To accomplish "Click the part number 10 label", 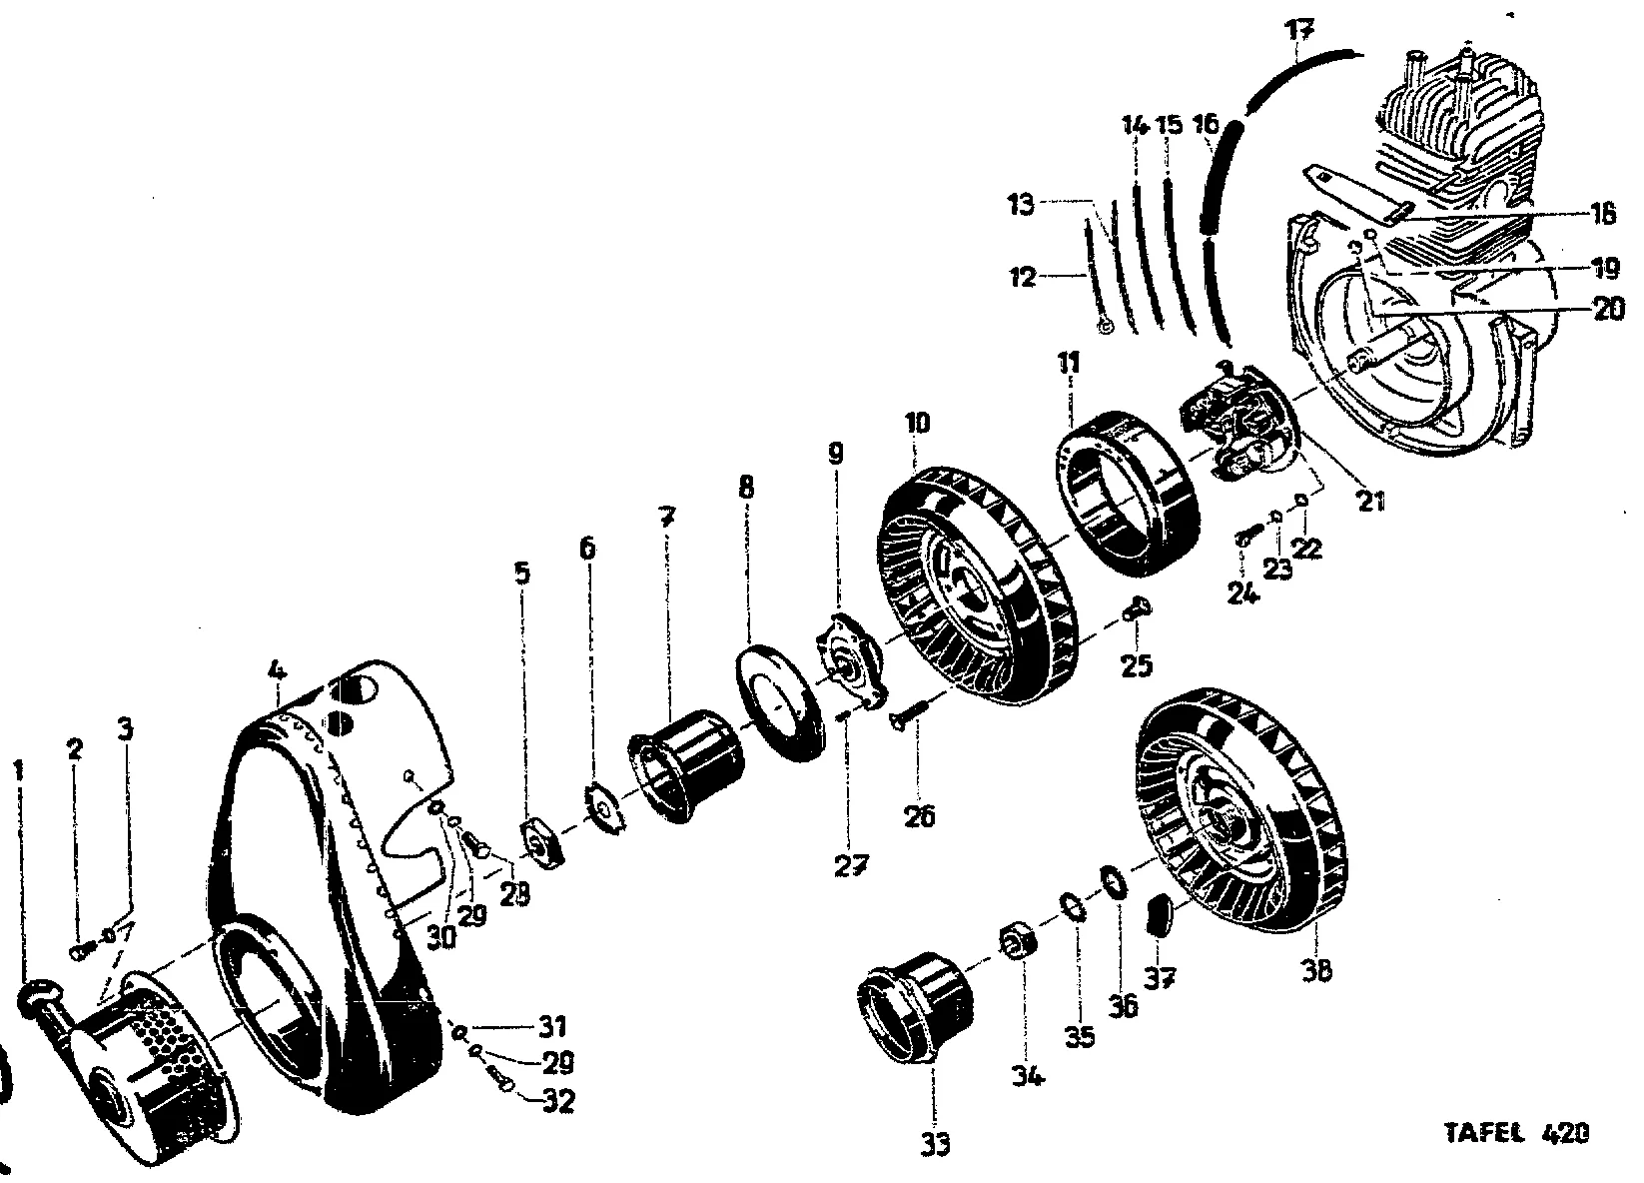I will point(917,424).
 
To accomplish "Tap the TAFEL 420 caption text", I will point(1516,1134).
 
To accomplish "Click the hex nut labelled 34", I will point(1017,941).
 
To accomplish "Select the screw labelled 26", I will point(907,716).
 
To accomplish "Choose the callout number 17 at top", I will point(1298,28).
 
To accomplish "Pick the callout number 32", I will point(559,1102).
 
